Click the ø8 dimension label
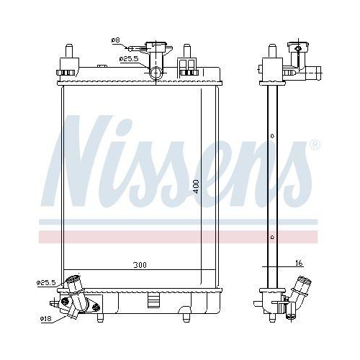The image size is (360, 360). (x=115, y=40)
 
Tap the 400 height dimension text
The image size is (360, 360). (x=196, y=186)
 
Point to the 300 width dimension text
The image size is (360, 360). (x=140, y=266)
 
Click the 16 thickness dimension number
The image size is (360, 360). (x=300, y=264)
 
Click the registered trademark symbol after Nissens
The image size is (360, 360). (x=315, y=145)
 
